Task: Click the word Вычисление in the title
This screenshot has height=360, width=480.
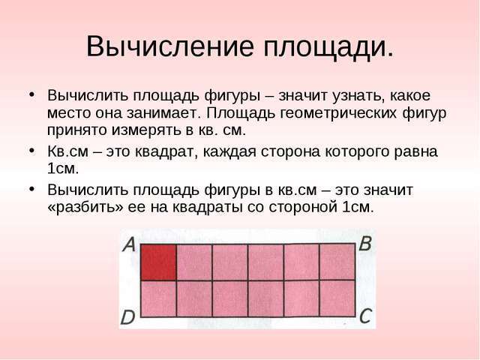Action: (x=170, y=46)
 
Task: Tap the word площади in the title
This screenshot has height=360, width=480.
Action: (x=328, y=48)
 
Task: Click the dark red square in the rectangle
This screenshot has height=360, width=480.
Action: (x=158, y=262)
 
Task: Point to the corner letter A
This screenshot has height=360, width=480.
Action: (x=129, y=244)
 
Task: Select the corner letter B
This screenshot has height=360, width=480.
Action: (x=365, y=243)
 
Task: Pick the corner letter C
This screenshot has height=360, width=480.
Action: (x=365, y=316)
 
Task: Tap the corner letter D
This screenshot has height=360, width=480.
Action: (x=127, y=317)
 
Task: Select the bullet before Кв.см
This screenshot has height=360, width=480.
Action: (x=31, y=150)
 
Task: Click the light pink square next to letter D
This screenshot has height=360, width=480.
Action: (x=158, y=298)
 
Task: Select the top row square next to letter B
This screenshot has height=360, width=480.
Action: (x=337, y=262)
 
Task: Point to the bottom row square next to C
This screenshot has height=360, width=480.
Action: (x=337, y=298)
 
